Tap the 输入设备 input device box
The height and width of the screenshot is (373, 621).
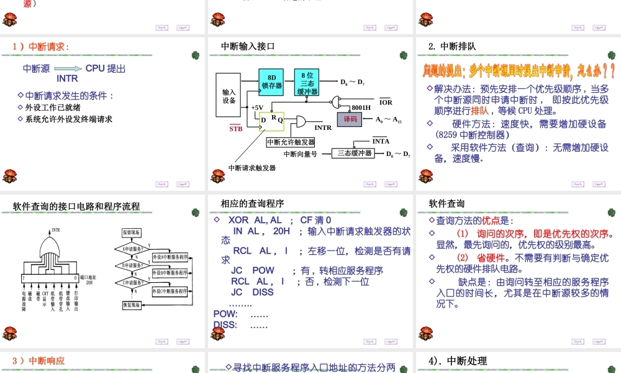pos(229,96)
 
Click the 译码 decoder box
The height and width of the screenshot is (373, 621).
pos(350,119)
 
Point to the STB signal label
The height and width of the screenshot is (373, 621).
pos(236,129)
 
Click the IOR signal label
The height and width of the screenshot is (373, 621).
pos(385,102)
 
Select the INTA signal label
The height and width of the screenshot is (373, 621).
pos(381,142)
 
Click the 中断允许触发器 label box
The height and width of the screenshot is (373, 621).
pos(291,142)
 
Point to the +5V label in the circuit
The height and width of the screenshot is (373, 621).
pos(257,108)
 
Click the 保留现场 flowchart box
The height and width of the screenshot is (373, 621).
pos(132,233)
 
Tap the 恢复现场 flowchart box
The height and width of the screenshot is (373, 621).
pos(132,305)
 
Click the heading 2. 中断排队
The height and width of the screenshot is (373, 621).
pos(452,46)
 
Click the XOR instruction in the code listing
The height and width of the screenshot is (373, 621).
pos(238,220)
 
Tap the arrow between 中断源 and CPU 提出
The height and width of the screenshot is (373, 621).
pos(68,70)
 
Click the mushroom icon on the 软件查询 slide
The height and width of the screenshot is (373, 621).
pos(425,334)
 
